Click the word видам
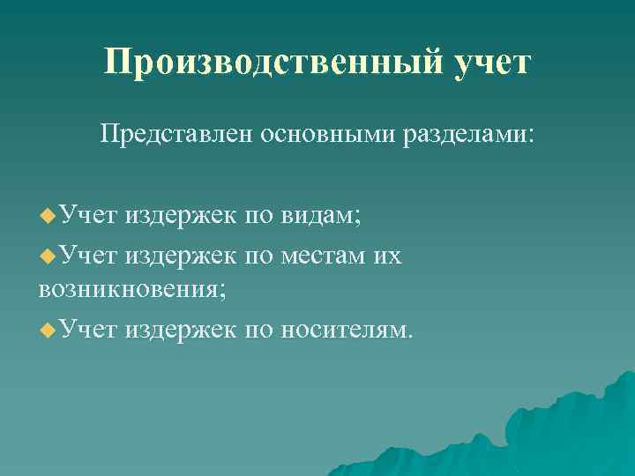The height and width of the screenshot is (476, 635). [326, 214]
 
